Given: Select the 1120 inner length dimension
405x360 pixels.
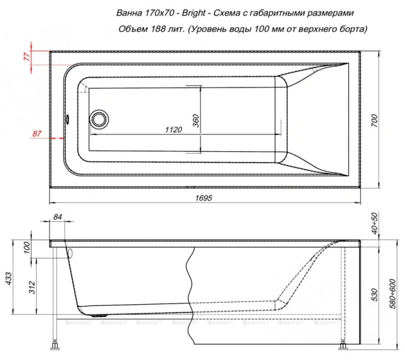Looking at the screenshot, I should point(173,128).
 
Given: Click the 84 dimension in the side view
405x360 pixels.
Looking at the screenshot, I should point(58,217).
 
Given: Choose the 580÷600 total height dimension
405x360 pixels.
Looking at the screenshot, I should point(391,290).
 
